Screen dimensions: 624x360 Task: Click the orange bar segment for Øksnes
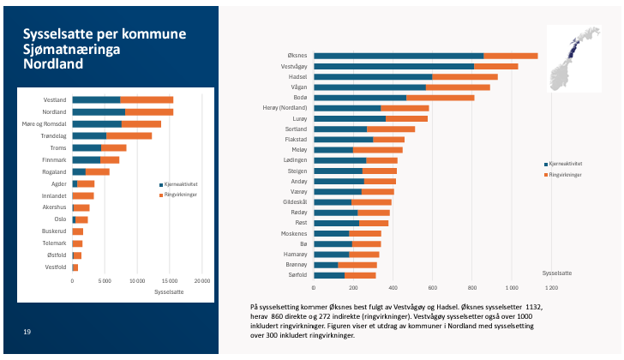[511, 56]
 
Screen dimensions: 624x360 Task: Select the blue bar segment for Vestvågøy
[394, 67]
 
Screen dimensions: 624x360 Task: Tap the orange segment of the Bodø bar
[441, 98]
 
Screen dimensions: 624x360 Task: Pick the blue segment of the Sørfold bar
[329, 275]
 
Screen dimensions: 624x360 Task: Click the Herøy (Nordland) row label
[285, 108]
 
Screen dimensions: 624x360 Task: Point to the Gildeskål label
[295, 202]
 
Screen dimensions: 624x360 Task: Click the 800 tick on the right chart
[472, 288]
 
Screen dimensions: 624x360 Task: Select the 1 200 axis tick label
[551, 288]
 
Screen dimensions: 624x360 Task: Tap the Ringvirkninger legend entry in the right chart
[562, 175]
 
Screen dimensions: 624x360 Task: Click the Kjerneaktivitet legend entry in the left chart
[178, 184]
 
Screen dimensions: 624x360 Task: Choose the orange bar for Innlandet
[83, 195]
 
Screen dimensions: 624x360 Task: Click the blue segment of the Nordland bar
[99, 112]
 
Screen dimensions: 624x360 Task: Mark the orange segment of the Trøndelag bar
[129, 136]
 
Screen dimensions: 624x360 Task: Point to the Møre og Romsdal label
[45, 124]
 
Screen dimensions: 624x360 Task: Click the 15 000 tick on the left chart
[170, 281]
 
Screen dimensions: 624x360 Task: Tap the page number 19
[27, 332]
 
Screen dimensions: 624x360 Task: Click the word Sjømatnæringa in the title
[72, 50]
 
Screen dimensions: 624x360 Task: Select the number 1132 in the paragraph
[534, 307]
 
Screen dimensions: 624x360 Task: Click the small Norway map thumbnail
[574, 59]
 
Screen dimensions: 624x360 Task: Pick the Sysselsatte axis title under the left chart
[169, 292]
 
